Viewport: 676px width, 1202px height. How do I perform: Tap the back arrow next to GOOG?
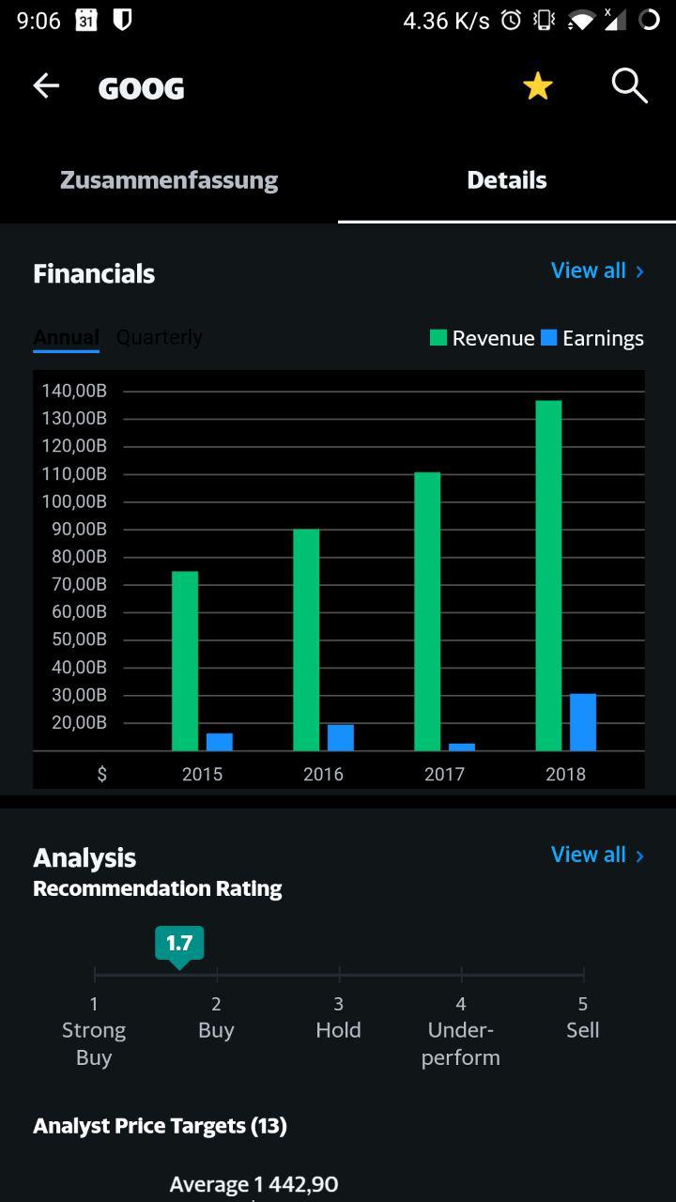[46, 86]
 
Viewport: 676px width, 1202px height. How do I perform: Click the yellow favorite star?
[537, 86]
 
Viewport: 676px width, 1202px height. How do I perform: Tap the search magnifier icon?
[629, 85]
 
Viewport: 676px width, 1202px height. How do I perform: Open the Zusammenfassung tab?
[169, 180]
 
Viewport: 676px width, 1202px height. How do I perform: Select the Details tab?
[507, 180]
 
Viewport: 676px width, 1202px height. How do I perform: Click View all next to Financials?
[597, 270]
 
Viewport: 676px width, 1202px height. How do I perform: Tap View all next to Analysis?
[597, 855]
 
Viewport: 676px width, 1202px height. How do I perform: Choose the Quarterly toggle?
[159, 337]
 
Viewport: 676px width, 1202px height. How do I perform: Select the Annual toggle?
[66, 337]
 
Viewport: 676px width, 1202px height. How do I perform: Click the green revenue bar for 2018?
[548, 575]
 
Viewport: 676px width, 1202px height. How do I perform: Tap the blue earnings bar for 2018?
[582, 722]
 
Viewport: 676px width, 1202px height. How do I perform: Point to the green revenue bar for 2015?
[185, 660]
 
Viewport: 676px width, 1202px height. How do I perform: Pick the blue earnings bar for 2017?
[461, 747]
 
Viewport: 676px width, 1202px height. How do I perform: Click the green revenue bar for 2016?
[306, 640]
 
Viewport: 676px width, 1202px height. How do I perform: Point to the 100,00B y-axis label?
[74, 501]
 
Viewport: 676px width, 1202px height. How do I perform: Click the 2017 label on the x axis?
[444, 774]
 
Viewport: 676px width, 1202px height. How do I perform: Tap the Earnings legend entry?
[592, 338]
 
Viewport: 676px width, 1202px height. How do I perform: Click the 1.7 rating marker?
[179, 944]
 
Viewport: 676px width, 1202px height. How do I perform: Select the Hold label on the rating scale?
[338, 1030]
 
